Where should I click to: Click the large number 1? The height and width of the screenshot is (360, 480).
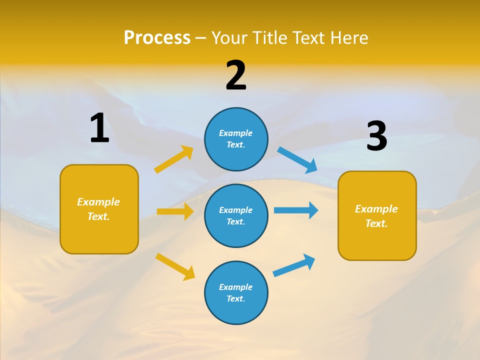[x=99, y=128]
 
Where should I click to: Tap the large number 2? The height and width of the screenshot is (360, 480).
[x=236, y=76]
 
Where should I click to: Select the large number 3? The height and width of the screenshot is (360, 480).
[x=376, y=136]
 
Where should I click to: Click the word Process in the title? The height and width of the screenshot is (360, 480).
[x=157, y=37]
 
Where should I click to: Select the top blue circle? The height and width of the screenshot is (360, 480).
[x=236, y=139]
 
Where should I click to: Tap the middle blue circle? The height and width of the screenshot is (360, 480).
[x=236, y=215]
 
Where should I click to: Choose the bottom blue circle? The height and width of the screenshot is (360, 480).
[x=236, y=292]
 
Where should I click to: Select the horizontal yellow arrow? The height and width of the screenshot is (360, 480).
[x=175, y=211]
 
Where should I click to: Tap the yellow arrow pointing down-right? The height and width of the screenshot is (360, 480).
[x=175, y=266]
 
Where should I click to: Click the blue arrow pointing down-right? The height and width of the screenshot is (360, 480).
[x=297, y=160]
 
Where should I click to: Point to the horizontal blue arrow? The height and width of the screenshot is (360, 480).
[x=296, y=210]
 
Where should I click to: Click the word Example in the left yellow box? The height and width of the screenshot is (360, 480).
[x=98, y=201]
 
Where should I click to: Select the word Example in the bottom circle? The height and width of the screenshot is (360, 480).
[x=235, y=287]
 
